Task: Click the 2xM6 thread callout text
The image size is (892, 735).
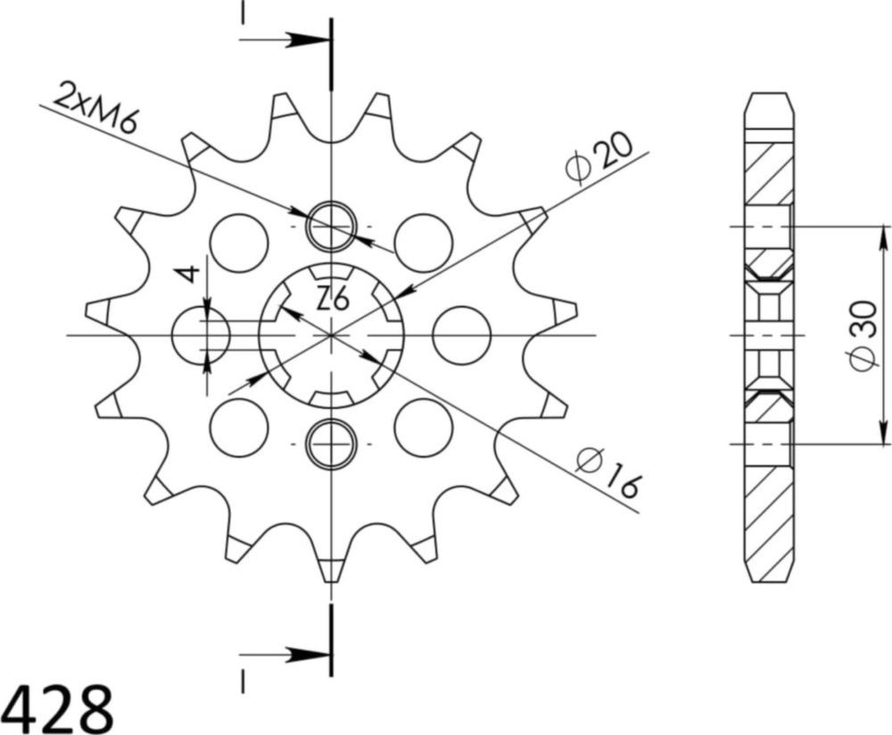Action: [96, 107]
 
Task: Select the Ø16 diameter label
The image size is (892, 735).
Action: [608, 473]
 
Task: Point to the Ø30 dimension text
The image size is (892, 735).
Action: [863, 335]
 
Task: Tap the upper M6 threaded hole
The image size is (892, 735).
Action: [332, 226]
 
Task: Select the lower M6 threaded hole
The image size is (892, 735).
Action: [331, 443]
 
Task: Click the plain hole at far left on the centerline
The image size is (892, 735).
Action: [200, 335]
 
